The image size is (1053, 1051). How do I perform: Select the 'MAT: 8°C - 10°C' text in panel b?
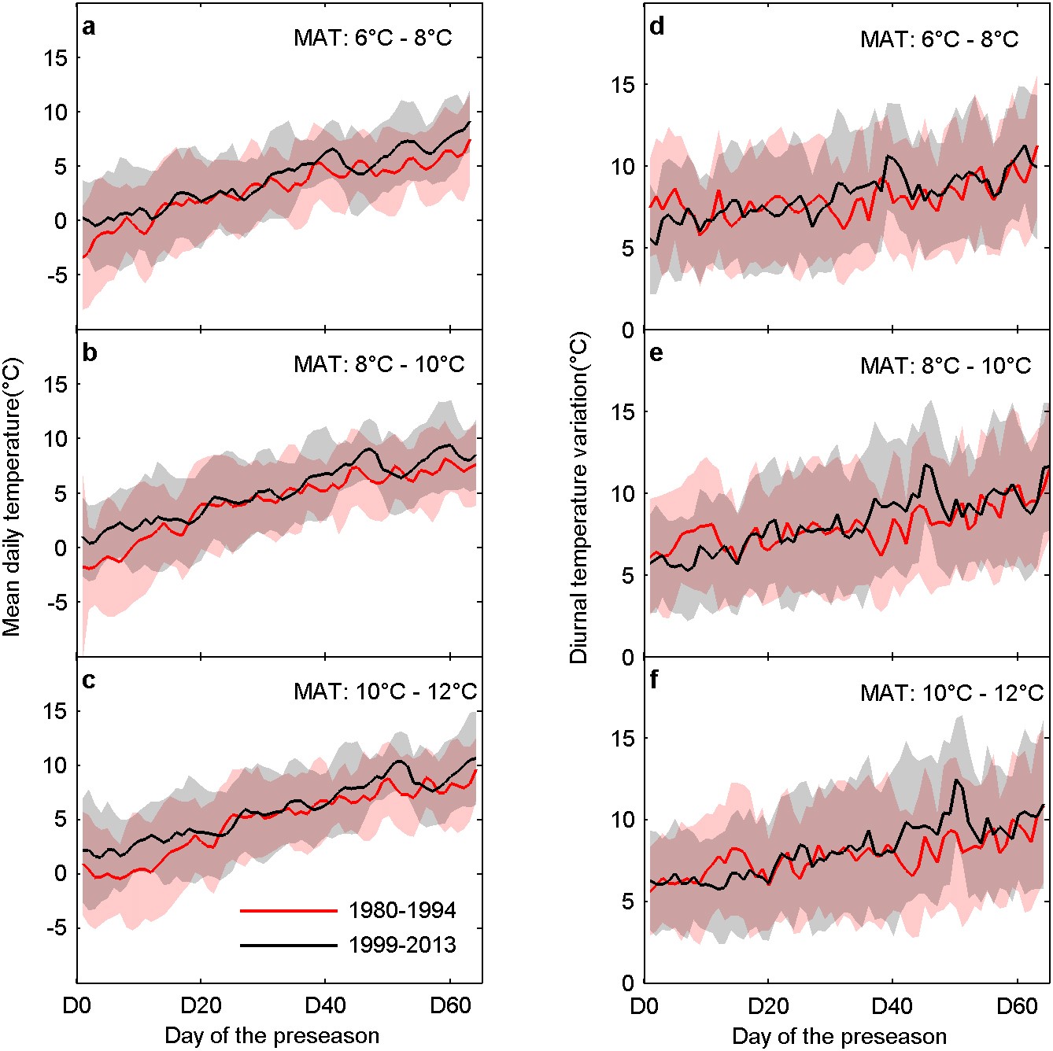(379, 365)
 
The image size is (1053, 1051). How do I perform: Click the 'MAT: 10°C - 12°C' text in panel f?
(951, 693)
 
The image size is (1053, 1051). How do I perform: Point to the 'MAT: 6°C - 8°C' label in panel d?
(939, 39)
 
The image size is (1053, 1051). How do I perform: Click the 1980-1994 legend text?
(402, 911)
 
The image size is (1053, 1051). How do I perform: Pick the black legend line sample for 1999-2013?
(289, 944)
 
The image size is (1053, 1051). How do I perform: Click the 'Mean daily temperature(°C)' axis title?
(12, 497)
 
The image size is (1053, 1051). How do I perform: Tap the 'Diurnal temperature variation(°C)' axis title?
(579, 497)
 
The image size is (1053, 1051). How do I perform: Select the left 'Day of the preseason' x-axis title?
(272, 1036)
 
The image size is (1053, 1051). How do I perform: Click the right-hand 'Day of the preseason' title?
(839, 1036)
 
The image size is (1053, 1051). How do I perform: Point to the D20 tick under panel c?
(201, 1006)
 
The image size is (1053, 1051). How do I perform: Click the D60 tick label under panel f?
(1017, 1006)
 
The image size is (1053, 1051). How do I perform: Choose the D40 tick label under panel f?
(892, 1006)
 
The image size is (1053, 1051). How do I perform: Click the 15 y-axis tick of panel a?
(58, 57)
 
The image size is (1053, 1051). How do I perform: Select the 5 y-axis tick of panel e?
(628, 576)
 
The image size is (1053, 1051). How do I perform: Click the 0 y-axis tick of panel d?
(628, 330)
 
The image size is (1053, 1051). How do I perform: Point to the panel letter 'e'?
(656, 353)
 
